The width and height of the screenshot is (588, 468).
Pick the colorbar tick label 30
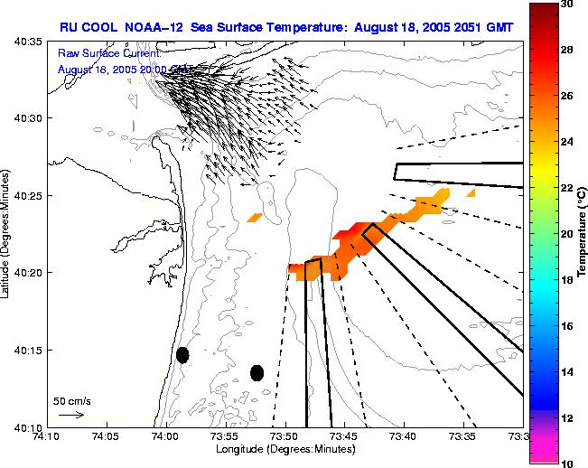(x=566, y=5)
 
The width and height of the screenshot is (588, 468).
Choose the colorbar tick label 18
(x=566, y=280)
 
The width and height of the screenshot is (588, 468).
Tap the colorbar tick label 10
(x=566, y=463)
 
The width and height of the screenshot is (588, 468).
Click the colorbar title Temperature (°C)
(x=583, y=234)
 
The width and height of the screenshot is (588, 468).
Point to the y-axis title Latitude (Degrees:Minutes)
(x=6, y=234)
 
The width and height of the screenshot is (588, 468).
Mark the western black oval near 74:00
(x=182, y=355)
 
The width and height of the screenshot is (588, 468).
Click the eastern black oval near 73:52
(x=257, y=372)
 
